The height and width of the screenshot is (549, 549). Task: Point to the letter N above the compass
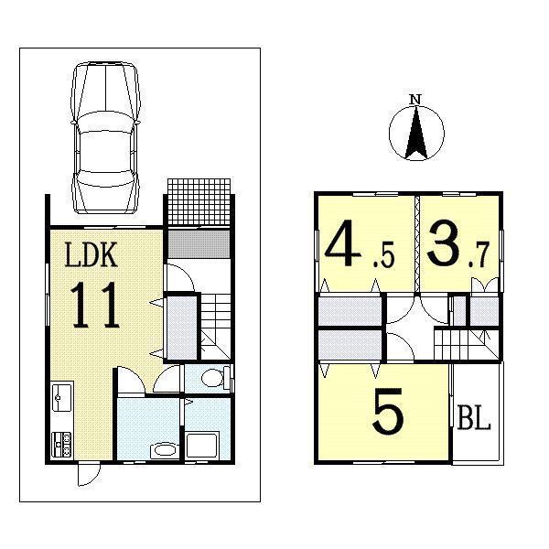point(414,99)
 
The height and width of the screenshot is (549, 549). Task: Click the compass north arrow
point(414,134)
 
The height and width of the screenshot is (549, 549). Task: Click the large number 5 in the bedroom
point(388,414)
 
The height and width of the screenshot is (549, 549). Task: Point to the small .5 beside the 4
point(382,260)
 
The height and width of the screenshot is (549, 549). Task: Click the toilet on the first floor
point(213,378)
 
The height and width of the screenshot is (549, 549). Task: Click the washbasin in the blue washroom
point(164,449)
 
